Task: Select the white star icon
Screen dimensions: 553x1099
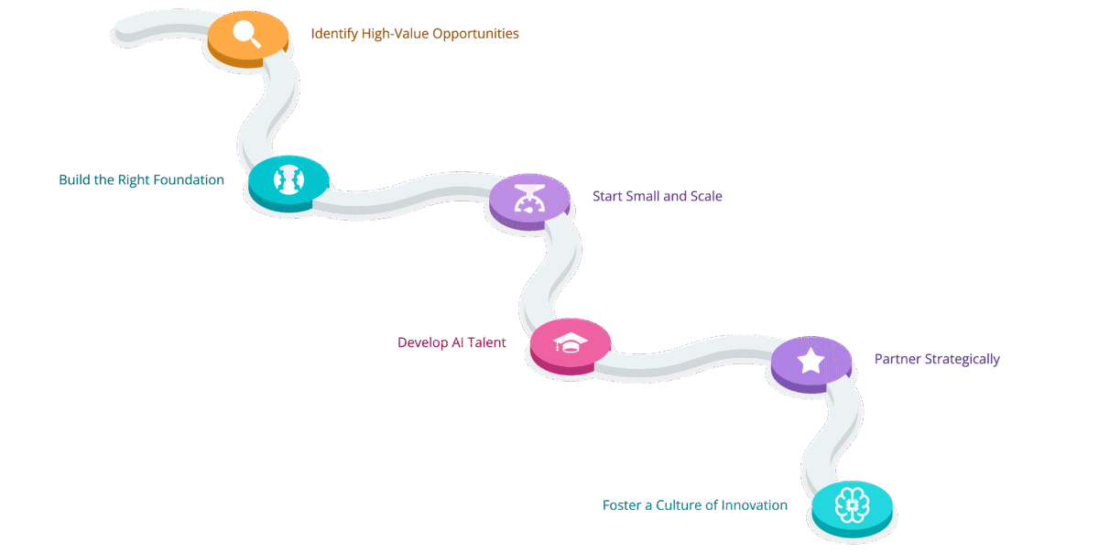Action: [811, 361]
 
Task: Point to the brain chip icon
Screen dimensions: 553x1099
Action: [851, 504]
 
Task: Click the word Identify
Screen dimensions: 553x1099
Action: [332, 34]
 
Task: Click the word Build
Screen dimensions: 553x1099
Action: [74, 180]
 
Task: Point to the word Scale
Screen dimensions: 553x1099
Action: [705, 197]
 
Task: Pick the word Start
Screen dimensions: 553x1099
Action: [609, 197]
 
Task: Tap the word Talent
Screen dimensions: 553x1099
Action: [487, 343]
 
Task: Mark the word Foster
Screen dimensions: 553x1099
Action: [623, 505]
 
